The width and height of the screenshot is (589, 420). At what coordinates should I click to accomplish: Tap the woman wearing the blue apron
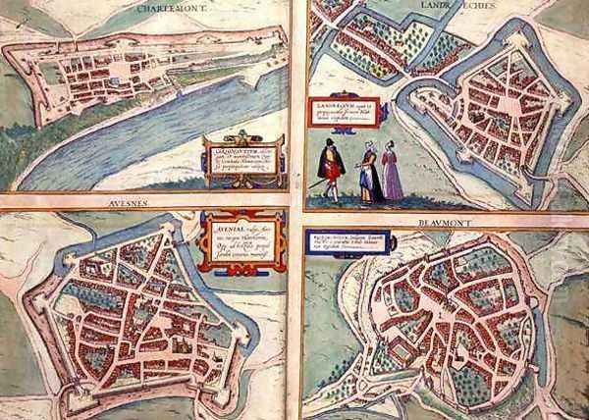pyautogui.click(x=369, y=173)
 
